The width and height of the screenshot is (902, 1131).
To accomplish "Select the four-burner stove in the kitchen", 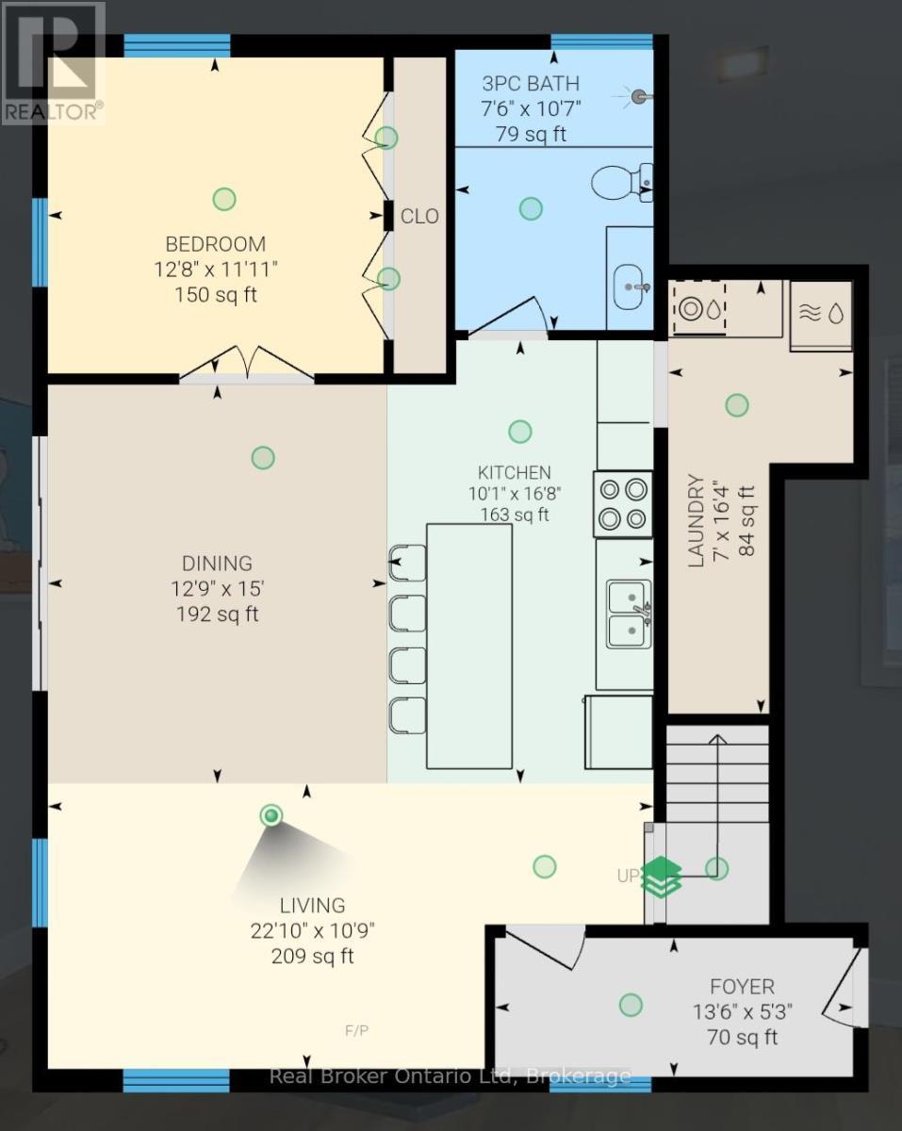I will coord(623,503).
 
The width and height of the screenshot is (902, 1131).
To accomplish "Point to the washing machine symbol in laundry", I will coord(698,308).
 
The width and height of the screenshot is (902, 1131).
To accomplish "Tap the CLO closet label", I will coord(419,216).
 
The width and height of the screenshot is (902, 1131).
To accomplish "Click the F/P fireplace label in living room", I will coord(357,1030).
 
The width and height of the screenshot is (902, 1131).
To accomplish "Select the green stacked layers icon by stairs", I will coord(662,877).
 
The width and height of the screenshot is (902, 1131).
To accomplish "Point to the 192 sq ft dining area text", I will coord(218,615).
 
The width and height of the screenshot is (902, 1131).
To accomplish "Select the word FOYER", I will coord(742,987).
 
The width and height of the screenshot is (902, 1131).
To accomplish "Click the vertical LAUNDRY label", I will coord(697,520).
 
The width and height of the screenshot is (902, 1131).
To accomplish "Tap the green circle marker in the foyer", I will coord(630,1005).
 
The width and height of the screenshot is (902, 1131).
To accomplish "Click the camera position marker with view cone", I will coord(271,815).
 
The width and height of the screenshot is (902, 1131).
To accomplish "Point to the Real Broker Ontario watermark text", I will coord(450,1075).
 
